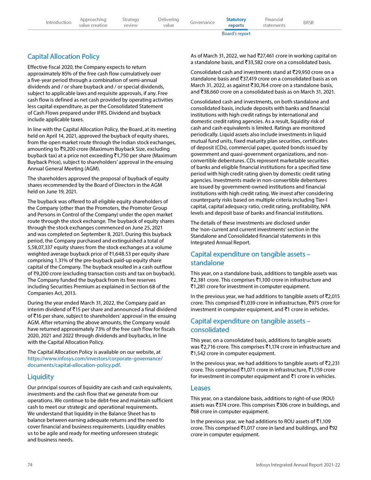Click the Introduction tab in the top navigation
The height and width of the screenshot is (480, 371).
point(58,22)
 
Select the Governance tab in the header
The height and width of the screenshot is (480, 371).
point(202,22)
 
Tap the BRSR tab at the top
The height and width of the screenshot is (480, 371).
point(308,22)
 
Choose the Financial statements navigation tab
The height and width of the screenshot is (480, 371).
point(274,22)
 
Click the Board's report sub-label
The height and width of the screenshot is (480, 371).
point(236,34)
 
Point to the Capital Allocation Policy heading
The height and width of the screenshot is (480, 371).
point(64,57)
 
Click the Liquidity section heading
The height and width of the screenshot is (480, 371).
point(41,377)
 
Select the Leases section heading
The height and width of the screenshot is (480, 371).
point(200,388)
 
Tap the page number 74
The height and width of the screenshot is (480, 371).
point(31,465)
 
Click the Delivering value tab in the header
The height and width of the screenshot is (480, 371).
point(168,22)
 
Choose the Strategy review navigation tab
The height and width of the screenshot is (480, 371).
point(131,22)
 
